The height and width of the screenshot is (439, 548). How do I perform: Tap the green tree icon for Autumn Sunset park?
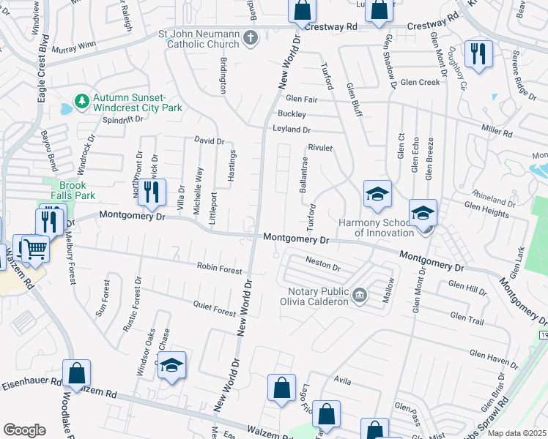click(83, 100)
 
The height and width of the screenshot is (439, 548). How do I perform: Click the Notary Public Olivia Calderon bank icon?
click(360, 295)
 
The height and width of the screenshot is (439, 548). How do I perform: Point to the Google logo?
click(24, 430)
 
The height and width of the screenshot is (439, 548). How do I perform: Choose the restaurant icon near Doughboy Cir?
click(478, 53)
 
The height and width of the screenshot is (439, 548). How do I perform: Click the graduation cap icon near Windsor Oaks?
click(171, 366)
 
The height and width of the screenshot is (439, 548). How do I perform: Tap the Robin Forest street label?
click(220, 269)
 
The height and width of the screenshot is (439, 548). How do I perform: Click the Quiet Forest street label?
click(214, 308)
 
